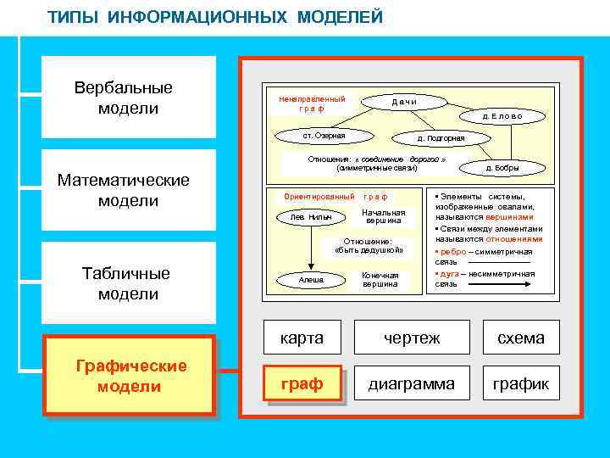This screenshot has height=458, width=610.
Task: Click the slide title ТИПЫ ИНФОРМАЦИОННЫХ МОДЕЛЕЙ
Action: tap(215, 17)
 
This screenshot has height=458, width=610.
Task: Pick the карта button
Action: tap(302, 338)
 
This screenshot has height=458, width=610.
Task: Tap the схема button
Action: tap(520, 338)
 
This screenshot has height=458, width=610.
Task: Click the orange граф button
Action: tap(302, 384)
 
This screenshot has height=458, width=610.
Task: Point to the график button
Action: tap(520, 384)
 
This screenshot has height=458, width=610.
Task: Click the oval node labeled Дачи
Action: tap(403, 102)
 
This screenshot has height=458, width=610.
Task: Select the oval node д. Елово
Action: tap(502, 116)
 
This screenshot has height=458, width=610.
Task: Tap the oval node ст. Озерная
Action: tap(324, 135)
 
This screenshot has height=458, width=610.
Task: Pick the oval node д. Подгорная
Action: tap(441, 137)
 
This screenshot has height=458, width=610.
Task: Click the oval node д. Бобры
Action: tap(502, 168)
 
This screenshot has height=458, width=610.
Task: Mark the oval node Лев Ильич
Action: tap(311, 217)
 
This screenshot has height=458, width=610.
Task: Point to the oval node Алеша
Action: tap(311, 280)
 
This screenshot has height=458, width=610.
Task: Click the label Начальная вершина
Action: tap(383, 216)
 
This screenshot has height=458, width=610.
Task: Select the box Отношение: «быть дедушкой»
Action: tap(369, 246)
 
